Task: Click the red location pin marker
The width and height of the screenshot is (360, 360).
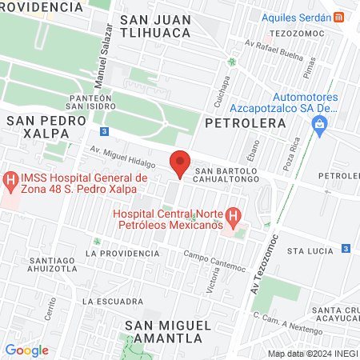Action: point(180,163)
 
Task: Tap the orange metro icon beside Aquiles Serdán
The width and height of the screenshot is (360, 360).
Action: point(339,17)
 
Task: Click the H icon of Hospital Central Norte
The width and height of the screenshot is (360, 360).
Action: point(233,216)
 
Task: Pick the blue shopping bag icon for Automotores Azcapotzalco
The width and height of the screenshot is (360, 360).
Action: point(320,125)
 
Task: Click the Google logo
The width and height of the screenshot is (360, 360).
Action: point(26,350)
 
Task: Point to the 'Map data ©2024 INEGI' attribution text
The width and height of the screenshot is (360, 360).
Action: point(311,353)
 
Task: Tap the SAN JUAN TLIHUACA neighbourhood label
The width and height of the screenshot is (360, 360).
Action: point(154,26)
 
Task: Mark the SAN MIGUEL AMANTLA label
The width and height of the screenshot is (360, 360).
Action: point(168,331)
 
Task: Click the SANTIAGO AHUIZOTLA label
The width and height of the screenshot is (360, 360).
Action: point(52,265)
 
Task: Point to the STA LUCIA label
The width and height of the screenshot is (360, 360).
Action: point(310,250)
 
